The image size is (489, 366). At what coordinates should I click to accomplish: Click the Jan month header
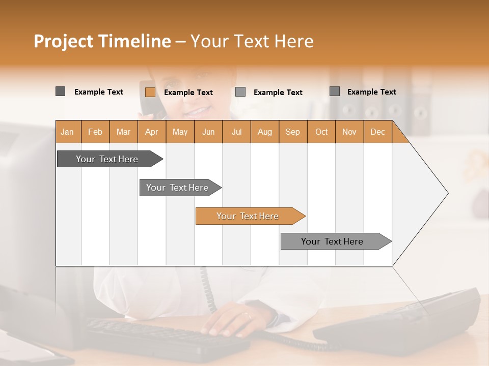coord(67,132)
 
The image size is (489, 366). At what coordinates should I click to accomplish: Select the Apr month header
coord(151,132)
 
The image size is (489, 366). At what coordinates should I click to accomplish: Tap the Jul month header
coord(236,132)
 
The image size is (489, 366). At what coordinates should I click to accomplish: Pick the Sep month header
coord(292,132)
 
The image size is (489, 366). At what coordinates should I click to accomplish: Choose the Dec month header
coord(377,132)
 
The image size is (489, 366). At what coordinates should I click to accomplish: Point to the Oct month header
coord(321,132)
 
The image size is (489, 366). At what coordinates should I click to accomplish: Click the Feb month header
coord(95,132)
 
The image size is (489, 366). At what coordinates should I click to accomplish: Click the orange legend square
coord(150,92)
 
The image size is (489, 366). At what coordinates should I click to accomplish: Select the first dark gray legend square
coord(60,91)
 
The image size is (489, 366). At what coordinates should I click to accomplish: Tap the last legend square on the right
coord(334,91)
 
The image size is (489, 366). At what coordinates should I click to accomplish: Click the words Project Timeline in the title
coord(102,41)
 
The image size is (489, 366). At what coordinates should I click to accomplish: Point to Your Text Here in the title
coord(252,41)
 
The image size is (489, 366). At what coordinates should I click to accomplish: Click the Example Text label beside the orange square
coord(188,93)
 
